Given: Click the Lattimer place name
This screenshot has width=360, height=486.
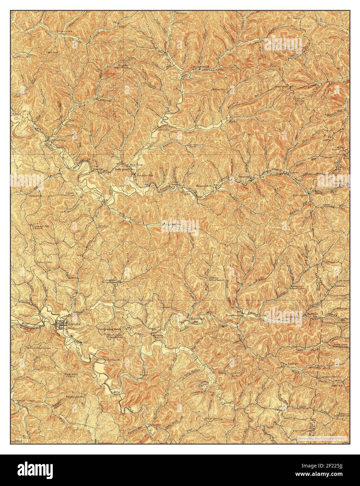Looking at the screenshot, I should click(x=341, y=286).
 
